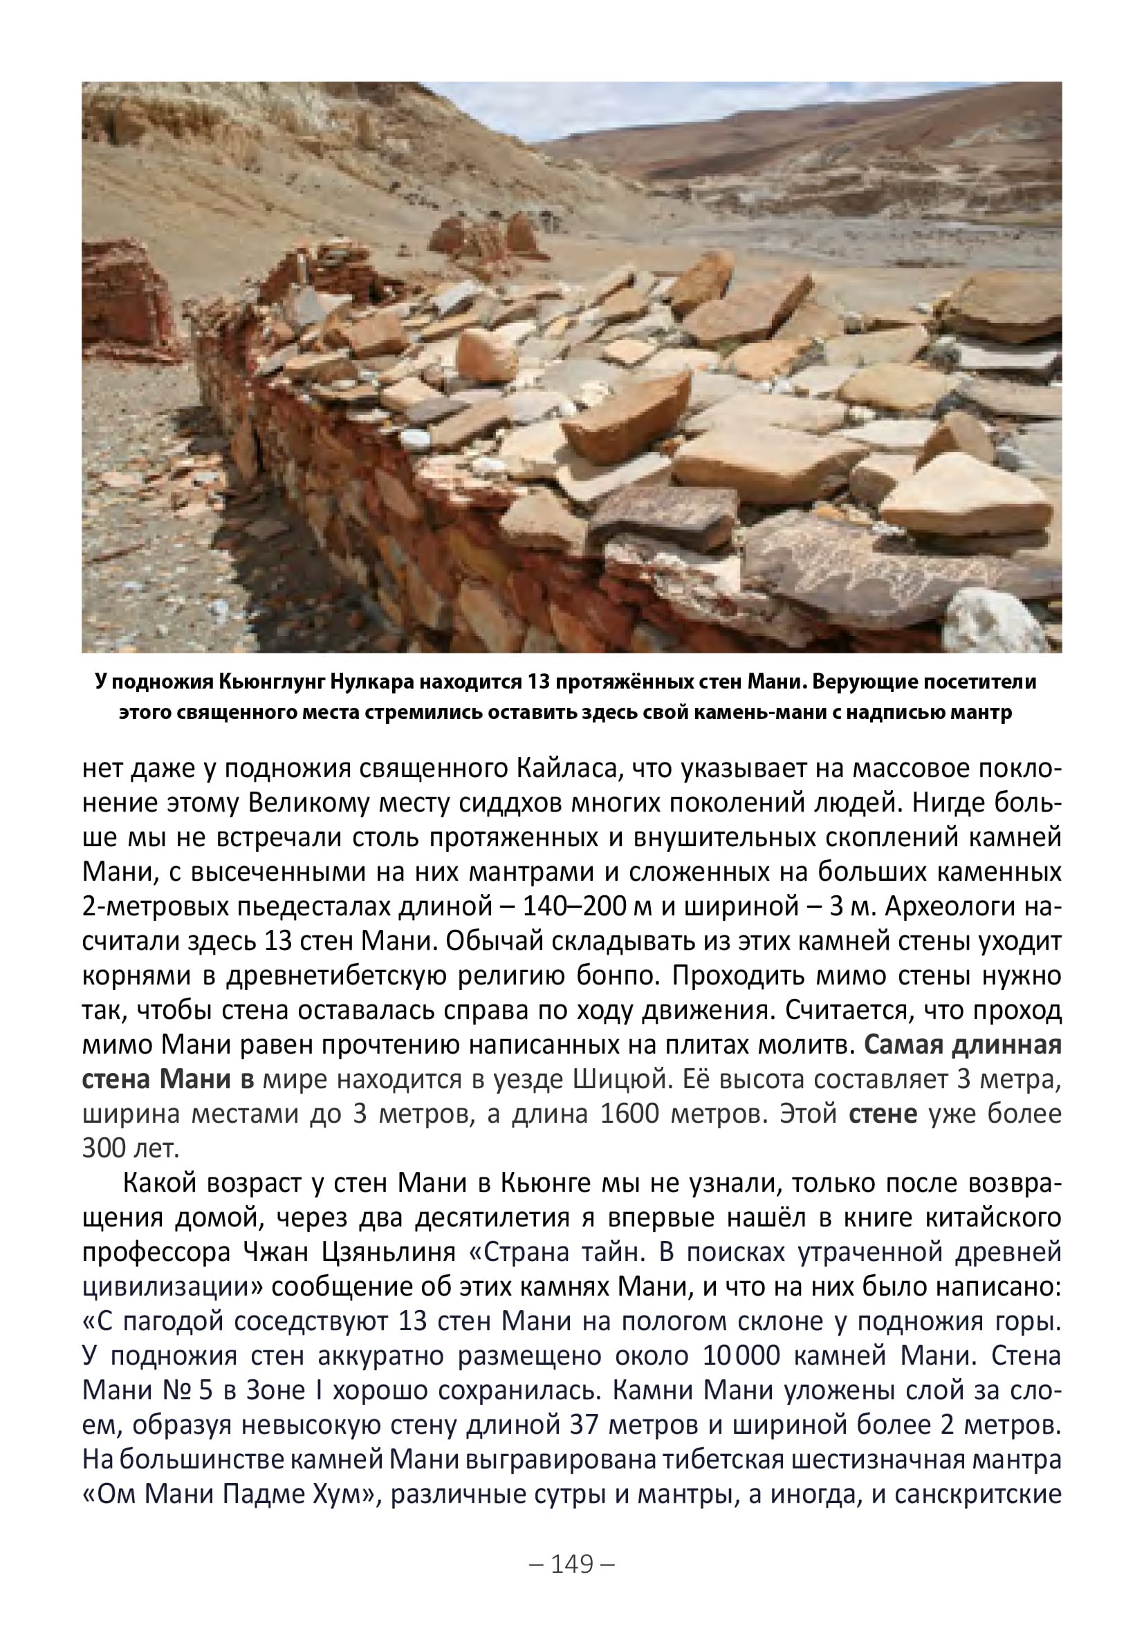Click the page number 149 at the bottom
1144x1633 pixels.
pos(572,1564)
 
